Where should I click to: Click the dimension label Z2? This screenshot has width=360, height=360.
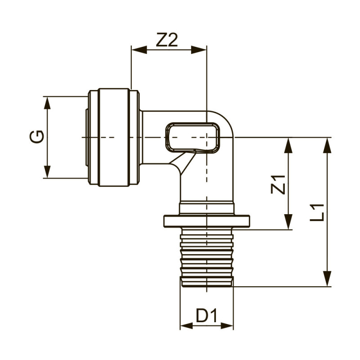click(168, 41)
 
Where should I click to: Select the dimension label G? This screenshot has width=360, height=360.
click(38, 136)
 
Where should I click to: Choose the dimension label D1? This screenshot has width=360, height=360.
click(207, 316)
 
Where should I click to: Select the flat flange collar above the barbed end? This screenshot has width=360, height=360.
click(207, 221)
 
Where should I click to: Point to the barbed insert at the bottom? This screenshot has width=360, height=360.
click(207, 256)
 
